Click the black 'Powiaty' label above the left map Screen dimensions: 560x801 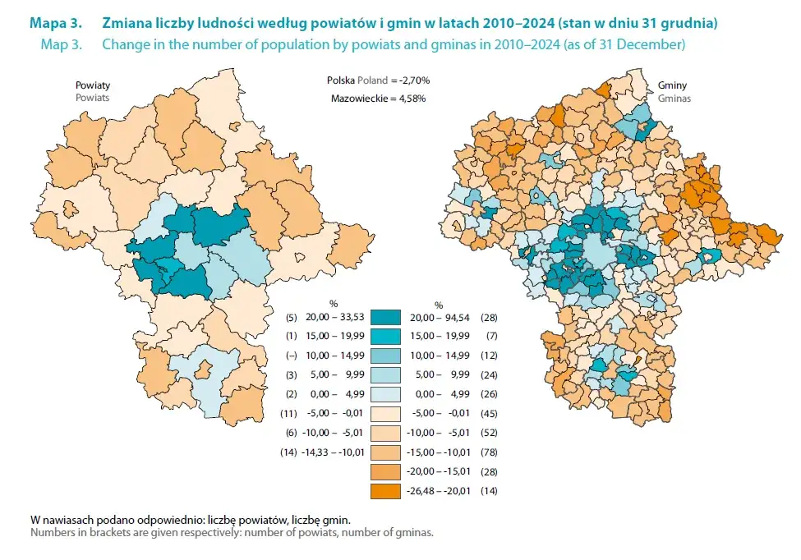tap(93, 85)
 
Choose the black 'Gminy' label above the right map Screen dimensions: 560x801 tap(673, 85)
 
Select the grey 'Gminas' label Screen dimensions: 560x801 tap(674, 98)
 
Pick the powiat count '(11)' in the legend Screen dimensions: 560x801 tap(284, 414)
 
